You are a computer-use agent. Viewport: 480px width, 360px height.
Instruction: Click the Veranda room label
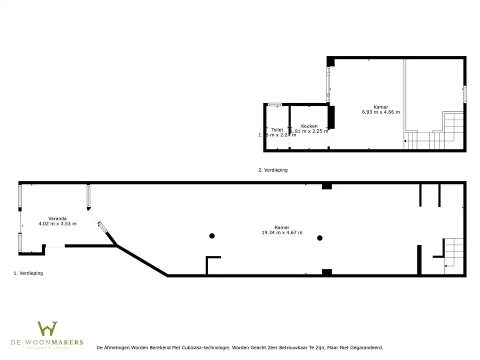[57, 218]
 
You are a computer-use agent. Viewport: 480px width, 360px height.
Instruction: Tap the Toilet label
[277, 130]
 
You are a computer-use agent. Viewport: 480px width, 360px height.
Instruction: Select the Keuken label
[309, 126]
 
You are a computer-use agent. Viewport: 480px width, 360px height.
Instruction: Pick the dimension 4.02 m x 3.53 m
[57, 223]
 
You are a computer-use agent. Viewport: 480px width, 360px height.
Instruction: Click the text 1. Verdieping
[28, 273]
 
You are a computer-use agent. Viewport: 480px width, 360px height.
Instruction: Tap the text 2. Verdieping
[273, 170]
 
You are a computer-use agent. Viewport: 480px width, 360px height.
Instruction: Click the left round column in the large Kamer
[212, 235]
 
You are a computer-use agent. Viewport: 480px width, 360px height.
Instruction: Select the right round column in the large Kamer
[319, 237]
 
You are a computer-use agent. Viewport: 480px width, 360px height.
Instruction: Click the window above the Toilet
[274, 104]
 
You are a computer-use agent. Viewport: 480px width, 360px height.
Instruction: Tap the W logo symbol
[47, 329]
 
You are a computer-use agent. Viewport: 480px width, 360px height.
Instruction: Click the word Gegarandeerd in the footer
[365, 347]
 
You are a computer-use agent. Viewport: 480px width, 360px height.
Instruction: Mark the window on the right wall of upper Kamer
[464, 94]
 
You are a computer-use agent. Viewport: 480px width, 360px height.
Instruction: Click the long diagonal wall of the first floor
[142, 260]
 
